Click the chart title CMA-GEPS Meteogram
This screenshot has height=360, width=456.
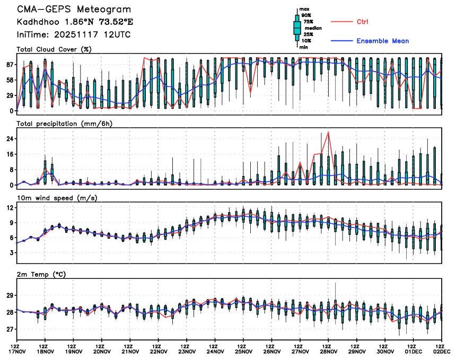click(74, 10)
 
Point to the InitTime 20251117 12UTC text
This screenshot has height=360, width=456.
click(74, 34)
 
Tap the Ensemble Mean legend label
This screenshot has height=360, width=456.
click(382, 41)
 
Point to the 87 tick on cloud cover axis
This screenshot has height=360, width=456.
click(10, 65)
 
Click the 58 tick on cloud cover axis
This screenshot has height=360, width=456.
click(10, 80)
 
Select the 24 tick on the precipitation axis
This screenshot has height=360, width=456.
click(10, 139)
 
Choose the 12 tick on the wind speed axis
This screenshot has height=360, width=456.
click(10, 208)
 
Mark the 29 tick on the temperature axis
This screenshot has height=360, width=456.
click(10, 295)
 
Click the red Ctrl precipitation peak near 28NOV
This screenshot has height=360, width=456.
click(329, 132)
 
